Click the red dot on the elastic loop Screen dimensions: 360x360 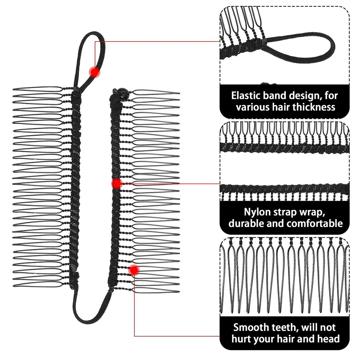point(95,72)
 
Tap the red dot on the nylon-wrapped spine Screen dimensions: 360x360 point(117,184)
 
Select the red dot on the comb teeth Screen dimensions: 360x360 point(134,270)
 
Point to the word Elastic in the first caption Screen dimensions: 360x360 point(247,96)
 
